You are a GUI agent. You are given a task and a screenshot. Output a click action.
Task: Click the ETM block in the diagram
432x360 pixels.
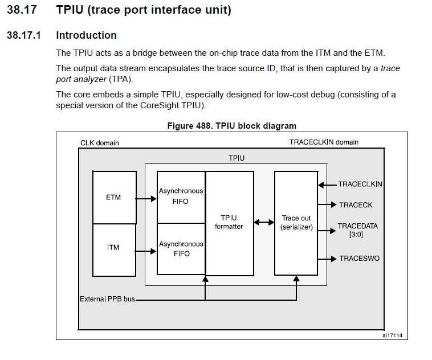[x=114, y=198]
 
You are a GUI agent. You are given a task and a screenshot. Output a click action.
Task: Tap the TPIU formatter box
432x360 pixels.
[x=229, y=222]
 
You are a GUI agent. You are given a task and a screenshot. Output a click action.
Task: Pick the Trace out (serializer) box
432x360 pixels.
[x=296, y=222]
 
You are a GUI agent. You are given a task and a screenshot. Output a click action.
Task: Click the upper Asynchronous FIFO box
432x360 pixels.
[x=181, y=197]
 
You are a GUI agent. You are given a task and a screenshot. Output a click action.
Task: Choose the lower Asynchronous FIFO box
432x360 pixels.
[x=181, y=248]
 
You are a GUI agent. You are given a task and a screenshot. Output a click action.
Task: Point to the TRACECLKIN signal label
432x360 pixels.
[x=360, y=185]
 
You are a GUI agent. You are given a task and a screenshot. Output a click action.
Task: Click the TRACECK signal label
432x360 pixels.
[x=355, y=204]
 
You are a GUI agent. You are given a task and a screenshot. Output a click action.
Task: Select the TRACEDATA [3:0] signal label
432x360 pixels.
[x=357, y=230]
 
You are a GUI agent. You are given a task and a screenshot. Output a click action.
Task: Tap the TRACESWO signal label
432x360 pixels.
[x=359, y=259]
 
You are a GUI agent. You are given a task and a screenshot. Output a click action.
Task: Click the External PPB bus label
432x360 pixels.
[x=108, y=298]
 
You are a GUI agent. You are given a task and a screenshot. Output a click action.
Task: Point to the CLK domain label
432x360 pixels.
[x=100, y=143]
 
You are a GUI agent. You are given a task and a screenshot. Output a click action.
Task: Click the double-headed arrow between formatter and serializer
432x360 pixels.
[x=264, y=222]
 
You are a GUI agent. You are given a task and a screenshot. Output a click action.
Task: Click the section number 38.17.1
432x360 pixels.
[x=24, y=35]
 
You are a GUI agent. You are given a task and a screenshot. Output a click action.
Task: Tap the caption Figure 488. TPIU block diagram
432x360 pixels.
[x=231, y=125]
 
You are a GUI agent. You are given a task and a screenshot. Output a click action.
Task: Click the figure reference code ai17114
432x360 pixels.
[x=392, y=336]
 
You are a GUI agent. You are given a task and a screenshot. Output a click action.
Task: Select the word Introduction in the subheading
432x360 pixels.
[x=86, y=35]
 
